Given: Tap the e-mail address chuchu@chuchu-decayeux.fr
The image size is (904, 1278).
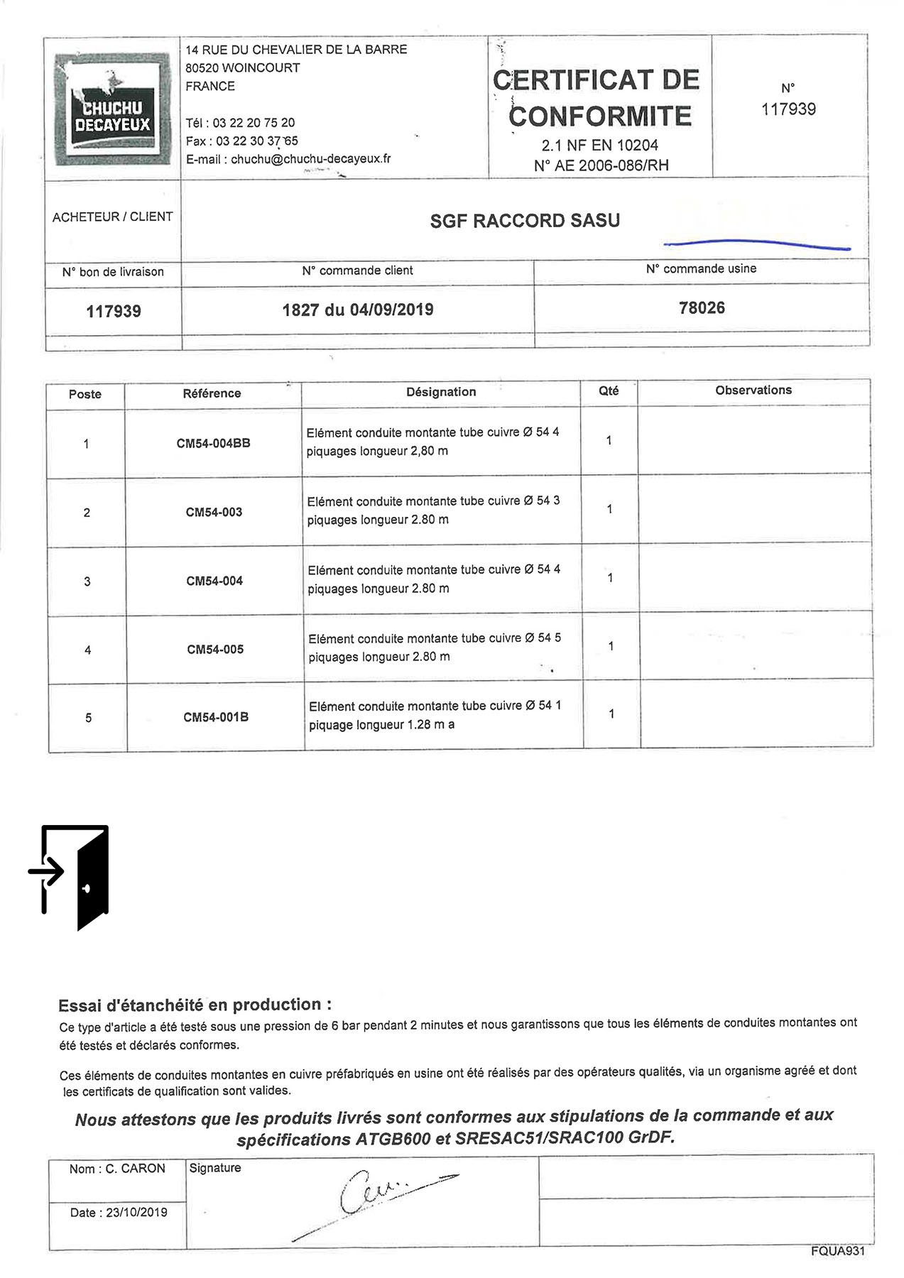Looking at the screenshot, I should click(310, 159).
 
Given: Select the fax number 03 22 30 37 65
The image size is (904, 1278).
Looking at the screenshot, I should click(256, 141).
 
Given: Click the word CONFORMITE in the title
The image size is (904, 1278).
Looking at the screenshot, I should click(600, 116).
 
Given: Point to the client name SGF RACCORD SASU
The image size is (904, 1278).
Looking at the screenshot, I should click(525, 221).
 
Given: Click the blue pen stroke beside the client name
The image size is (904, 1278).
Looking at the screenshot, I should click(756, 244).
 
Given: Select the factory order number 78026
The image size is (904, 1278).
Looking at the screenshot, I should click(702, 307).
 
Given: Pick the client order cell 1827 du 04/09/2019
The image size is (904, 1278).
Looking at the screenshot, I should click(357, 310).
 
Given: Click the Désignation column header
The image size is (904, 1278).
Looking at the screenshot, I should click(441, 392).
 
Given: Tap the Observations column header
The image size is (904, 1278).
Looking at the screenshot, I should click(753, 390).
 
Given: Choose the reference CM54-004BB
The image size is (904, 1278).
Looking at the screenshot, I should click(213, 443).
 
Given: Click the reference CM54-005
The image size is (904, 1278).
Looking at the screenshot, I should click(215, 649).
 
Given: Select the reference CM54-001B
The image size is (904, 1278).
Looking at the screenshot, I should click(216, 717).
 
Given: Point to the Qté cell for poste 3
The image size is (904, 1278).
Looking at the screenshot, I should click(610, 578).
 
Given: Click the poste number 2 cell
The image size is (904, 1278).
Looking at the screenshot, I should click(87, 513).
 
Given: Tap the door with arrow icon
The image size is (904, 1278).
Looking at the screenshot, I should click(71, 876).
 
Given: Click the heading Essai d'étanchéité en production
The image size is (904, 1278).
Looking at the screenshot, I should click(195, 1005).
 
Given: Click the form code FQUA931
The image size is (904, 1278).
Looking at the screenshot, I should click(837, 1251).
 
